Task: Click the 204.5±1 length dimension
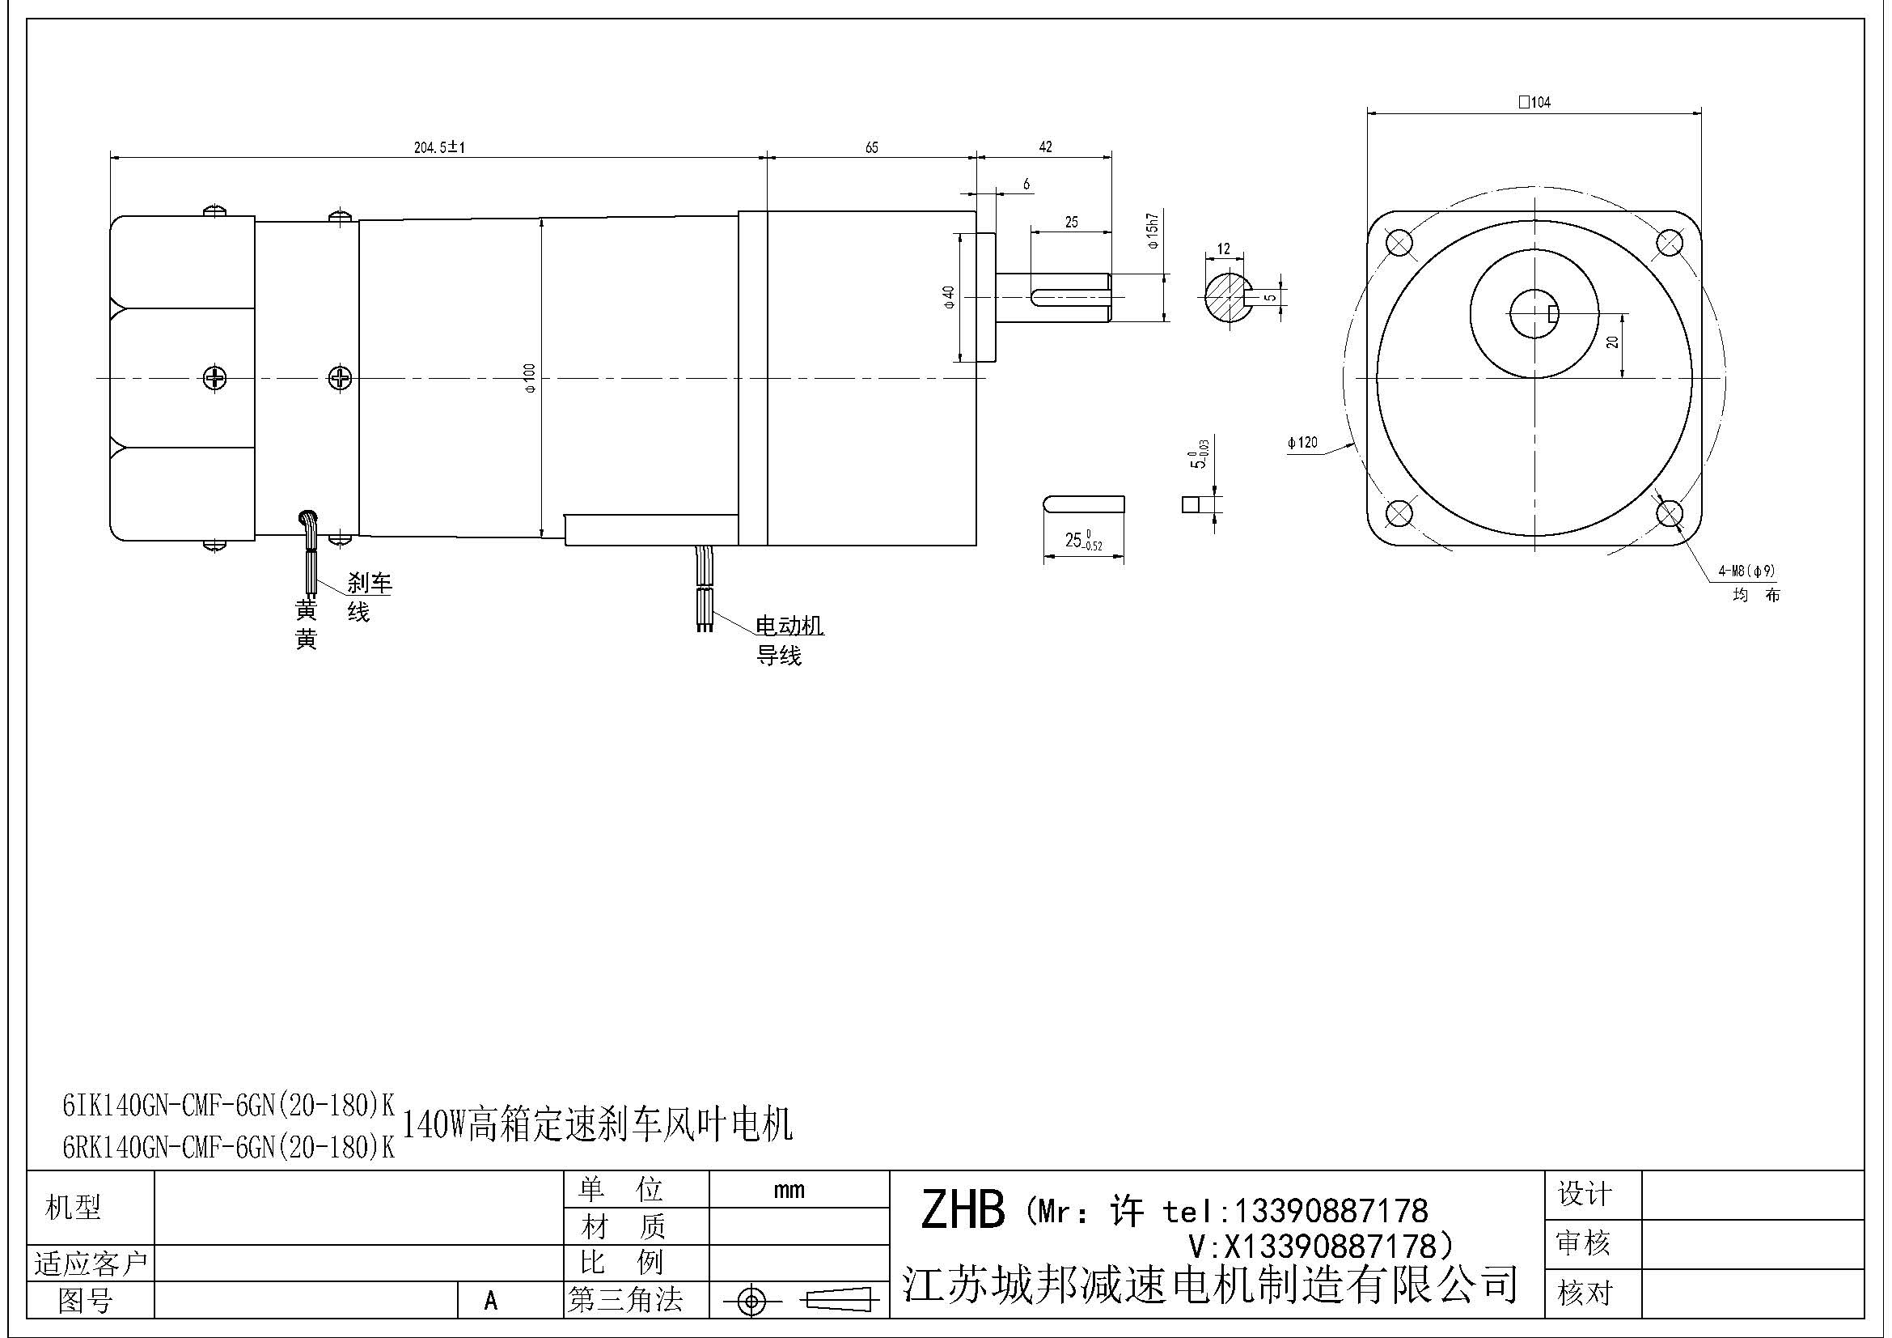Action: [439, 147]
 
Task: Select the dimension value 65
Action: [871, 147]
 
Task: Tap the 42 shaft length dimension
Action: [1045, 147]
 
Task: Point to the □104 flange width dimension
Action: [1535, 102]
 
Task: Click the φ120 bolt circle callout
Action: [1302, 443]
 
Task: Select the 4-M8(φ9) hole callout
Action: [1746, 571]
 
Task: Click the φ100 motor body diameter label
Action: [530, 377]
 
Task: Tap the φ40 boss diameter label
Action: [949, 297]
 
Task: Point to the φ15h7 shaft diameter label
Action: [1152, 231]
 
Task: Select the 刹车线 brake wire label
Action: [367, 597]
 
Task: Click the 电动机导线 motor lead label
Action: [789, 640]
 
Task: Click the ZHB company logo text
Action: [962, 1210]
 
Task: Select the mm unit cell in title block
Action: [789, 1190]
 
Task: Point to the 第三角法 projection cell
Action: [625, 1300]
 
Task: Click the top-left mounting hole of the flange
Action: [1399, 243]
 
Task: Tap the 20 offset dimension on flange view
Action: [1613, 341]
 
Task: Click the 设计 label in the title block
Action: [1584, 1194]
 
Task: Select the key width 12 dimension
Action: [1223, 248]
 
